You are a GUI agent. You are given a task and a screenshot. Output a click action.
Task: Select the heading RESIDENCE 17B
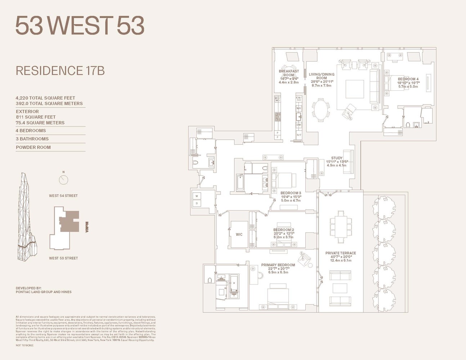(60, 71)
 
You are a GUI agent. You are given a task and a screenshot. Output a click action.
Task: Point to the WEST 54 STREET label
(63, 196)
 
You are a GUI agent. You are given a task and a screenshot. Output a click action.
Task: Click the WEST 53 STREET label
(63, 258)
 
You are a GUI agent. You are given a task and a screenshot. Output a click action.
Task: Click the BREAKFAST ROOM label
(288, 73)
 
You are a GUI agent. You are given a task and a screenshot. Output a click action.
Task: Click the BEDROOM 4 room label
(408, 79)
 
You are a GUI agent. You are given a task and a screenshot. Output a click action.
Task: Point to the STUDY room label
(337, 158)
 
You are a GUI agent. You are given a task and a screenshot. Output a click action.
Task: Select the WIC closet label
(239, 234)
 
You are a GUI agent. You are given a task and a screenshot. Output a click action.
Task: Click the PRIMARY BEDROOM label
(278, 265)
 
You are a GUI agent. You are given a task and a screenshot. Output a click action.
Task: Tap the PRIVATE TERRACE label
(340, 253)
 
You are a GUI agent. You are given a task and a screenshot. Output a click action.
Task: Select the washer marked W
(197, 196)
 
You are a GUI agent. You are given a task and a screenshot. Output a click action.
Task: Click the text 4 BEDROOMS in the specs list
(31, 131)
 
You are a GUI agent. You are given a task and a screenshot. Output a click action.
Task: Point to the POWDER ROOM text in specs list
(33, 147)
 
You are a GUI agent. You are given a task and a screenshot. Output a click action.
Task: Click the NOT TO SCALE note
(24, 345)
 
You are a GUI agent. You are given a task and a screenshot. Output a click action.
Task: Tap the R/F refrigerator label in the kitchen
(299, 135)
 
